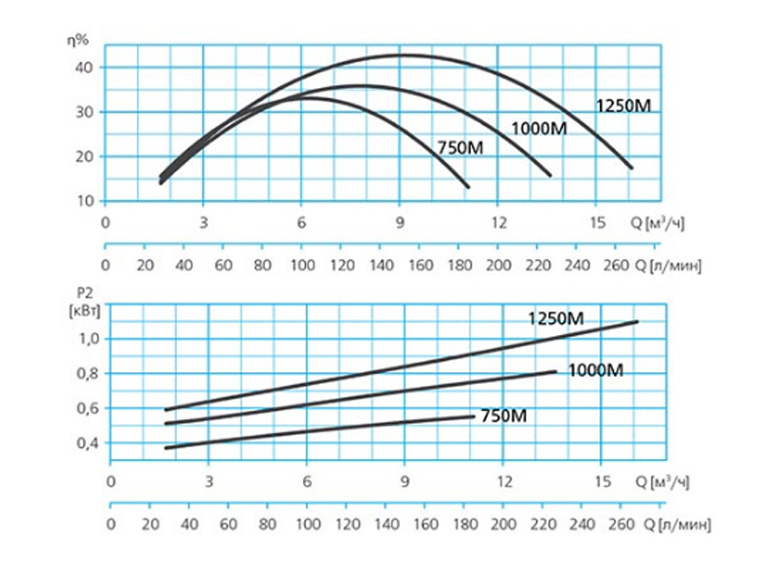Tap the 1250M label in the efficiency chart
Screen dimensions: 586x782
(623, 105)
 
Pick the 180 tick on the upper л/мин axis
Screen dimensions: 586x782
(460, 265)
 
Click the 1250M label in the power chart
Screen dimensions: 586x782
(555, 318)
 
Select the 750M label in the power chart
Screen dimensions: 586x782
(503, 416)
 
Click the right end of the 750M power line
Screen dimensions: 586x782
(474, 416)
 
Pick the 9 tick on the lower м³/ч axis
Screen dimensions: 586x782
(405, 481)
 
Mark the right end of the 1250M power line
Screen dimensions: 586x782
(637, 321)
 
